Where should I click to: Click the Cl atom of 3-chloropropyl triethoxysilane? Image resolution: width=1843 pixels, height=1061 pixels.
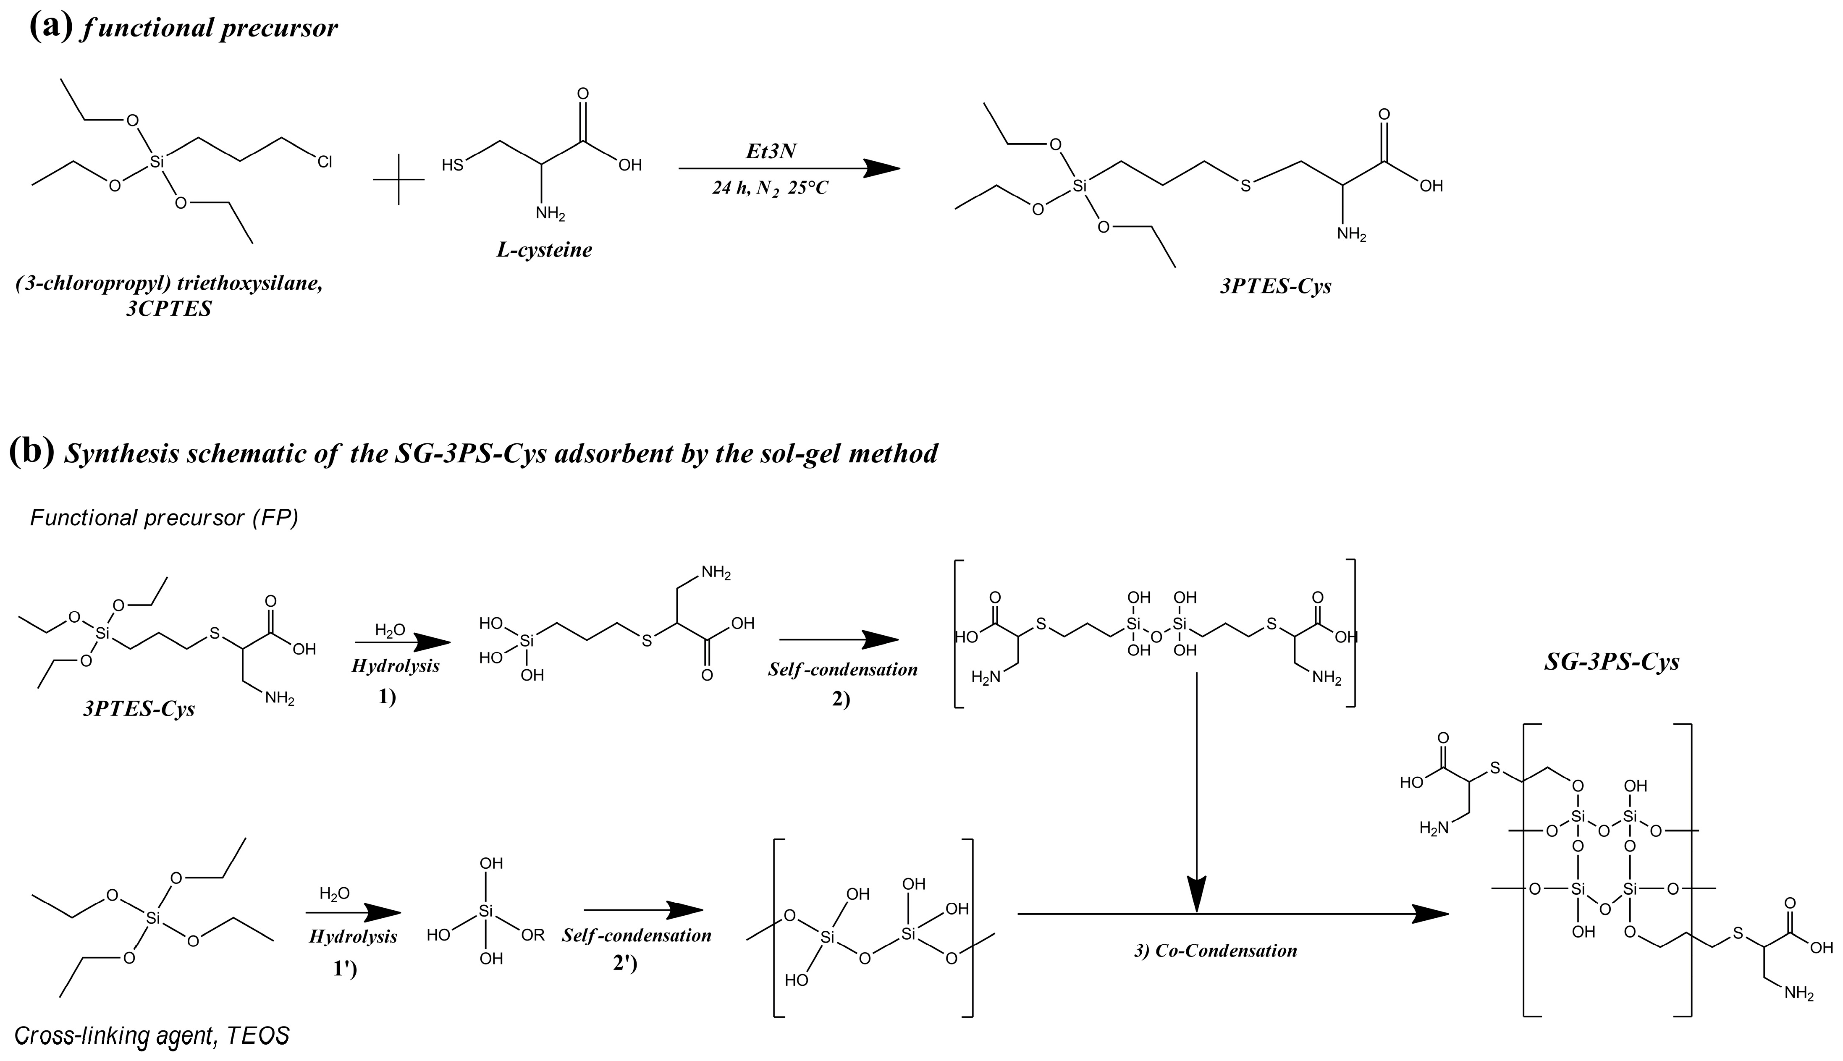click(324, 162)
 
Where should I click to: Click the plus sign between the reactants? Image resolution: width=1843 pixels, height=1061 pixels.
click(398, 179)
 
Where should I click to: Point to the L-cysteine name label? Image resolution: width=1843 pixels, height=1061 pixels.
click(544, 250)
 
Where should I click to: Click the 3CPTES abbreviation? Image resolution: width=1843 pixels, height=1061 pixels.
click(169, 309)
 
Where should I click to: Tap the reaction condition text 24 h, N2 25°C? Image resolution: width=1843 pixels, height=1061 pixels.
click(770, 188)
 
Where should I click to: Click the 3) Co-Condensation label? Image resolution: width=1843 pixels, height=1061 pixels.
click(1216, 950)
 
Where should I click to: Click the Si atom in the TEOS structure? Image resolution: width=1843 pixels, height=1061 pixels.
click(152, 919)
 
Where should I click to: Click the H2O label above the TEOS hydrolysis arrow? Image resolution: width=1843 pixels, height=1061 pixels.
click(335, 893)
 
